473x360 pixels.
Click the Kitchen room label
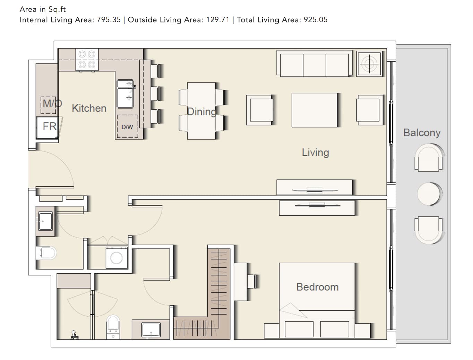pyautogui.click(x=89, y=108)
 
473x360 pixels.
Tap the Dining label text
pyautogui.click(x=201, y=112)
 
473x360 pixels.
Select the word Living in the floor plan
pyautogui.click(x=315, y=153)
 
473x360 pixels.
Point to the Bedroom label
pyautogui.click(x=317, y=287)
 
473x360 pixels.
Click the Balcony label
pyautogui.click(x=422, y=133)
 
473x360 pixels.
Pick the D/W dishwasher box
pyautogui.click(x=127, y=127)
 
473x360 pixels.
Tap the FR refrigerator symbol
pyautogui.click(x=48, y=128)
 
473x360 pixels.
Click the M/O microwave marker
pyautogui.click(x=49, y=105)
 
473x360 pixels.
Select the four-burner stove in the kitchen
pyautogui.click(x=87, y=59)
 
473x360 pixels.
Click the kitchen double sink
pyautogui.click(x=125, y=94)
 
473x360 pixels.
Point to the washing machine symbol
pyautogui.click(x=117, y=258)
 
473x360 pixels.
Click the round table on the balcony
pyautogui.click(x=429, y=194)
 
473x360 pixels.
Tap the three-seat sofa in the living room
pyautogui.click(x=315, y=63)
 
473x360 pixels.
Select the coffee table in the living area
pyautogui.click(x=315, y=110)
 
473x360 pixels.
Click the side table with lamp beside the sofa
pyautogui.click(x=369, y=64)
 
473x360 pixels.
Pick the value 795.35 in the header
pyautogui.click(x=109, y=20)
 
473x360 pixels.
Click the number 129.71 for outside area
pyautogui.click(x=218, y=20)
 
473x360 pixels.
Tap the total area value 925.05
pyautogui.click(x=316, y=20)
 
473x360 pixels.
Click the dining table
pyautogui.click(x=201, y=111)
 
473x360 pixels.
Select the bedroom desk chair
pyautogui.click(x=252, y=281)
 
